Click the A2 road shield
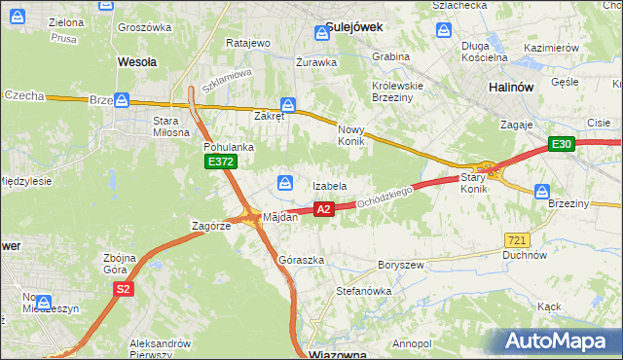tap(324, 208)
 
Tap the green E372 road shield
tap(220, 162)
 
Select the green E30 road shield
tap(560, 145)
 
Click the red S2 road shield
tap(123, 289)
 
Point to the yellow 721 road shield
tap(517, 239)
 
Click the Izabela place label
tap(329, 186)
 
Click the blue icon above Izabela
tap(286, 182)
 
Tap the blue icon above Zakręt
tap(287, 104)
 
